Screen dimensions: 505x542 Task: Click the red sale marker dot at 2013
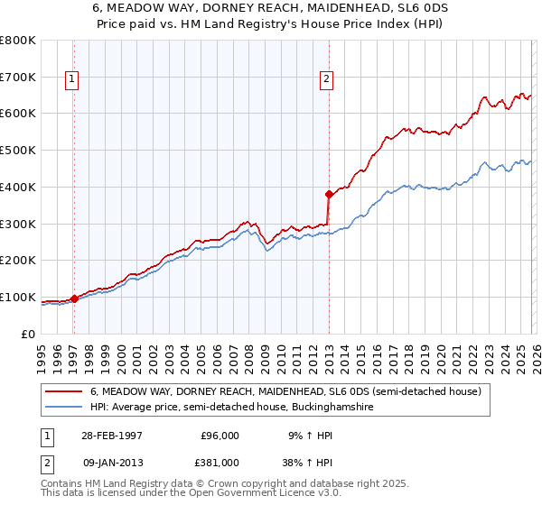[x=328, y=193]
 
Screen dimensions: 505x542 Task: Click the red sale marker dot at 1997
[x=74, y=298]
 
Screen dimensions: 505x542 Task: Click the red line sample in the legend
[x=66, y=392]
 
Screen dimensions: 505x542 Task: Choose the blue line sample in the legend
[x=66, y=408]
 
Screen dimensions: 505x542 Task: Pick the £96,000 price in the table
[x=220, y=435]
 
